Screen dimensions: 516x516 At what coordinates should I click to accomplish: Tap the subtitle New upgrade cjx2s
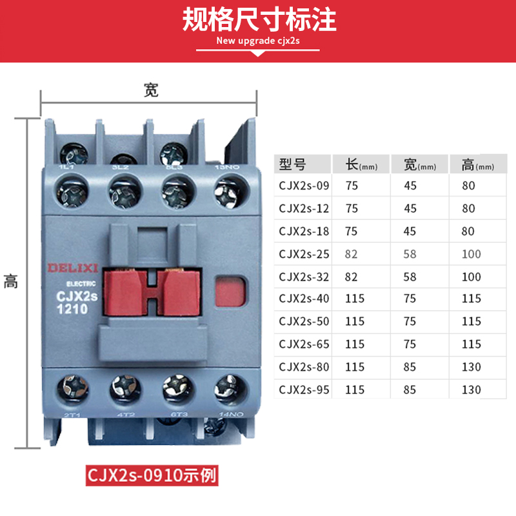258,41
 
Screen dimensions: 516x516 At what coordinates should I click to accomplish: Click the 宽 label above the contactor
151,91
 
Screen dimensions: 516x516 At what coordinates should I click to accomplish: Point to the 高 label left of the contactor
11,281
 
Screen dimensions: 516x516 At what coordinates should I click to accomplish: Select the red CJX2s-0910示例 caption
153,477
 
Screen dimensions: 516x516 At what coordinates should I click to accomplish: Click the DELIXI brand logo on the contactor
72,268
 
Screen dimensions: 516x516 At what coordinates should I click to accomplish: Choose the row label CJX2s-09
304,186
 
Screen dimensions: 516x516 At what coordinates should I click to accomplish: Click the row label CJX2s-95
304,390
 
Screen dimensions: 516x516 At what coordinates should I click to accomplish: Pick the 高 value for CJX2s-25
471,254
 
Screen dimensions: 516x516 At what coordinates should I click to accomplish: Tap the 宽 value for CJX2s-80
410,367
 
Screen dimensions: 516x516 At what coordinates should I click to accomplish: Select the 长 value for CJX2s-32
351,277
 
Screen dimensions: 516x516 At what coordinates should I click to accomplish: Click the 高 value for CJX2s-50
471,322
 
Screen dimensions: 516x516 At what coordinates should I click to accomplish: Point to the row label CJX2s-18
304,232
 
